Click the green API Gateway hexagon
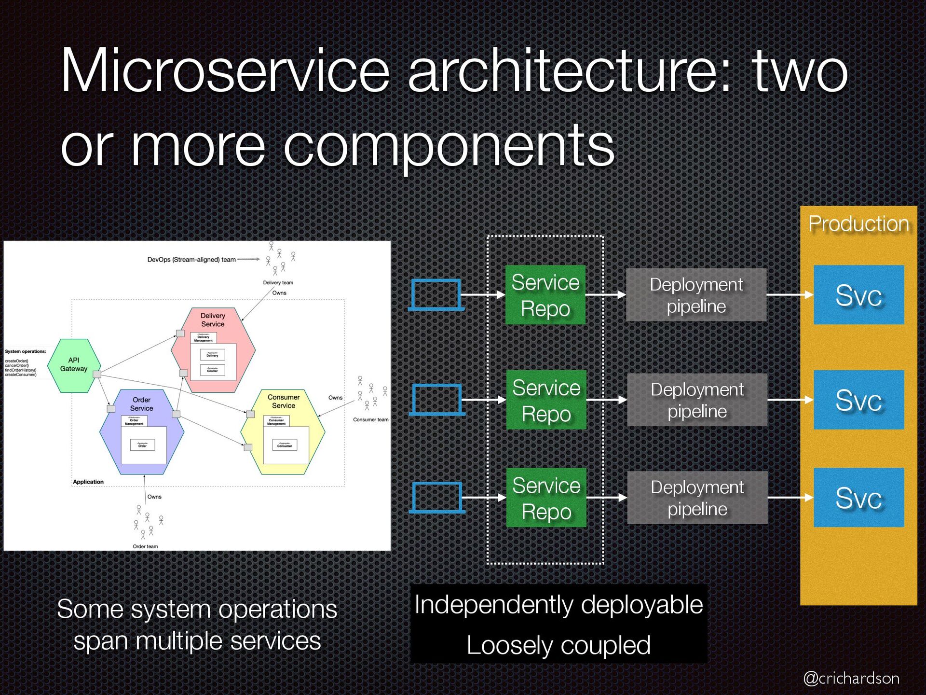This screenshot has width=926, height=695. pos(74,365)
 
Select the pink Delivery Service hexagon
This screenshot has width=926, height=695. pos(213,350)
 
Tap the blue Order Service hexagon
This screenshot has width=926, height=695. pos(142,432)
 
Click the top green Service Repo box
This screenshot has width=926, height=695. pos(545,295)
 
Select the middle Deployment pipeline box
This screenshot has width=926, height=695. pos(697,400)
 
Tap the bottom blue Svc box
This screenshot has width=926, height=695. pos(858,498)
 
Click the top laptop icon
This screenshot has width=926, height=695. pos(436,294)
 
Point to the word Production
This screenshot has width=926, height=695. pos(858,224)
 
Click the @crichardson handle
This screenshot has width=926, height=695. pos(851,678)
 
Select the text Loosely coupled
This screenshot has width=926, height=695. pos(558,645)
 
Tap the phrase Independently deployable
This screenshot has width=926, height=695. pos(558,605)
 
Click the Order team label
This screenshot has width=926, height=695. pos(145,546)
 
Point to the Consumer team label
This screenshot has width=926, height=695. pos(370,419)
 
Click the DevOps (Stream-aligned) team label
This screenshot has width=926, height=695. pos(191,260)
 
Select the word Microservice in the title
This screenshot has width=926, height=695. pos(225,70)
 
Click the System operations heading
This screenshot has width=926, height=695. pos(26,351)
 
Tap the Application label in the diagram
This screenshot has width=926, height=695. pos(88,482)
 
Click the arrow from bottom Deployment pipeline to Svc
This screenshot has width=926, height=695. pos(790,498)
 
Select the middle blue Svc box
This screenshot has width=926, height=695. pos(858,400)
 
